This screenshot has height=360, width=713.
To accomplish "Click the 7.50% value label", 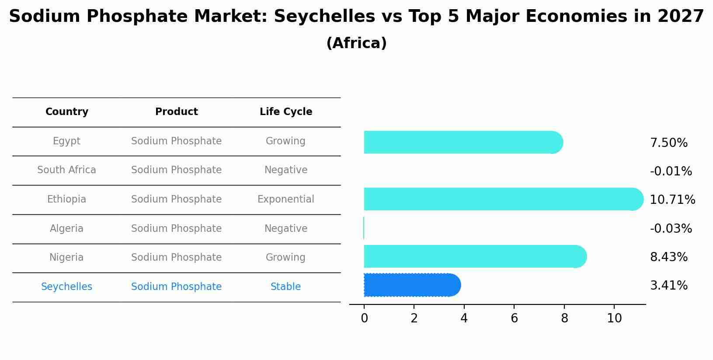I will [668, 143].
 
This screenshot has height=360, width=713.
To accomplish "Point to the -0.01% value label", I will [671, 171].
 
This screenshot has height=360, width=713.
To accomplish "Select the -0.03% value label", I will [671, 228].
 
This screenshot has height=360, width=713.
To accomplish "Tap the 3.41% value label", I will [668, 286].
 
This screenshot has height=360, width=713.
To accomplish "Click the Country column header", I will [66, 112].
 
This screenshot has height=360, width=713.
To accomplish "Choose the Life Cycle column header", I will [285, 112].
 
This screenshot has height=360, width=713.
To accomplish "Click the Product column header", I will [176, 112].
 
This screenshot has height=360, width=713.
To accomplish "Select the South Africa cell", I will [66, 170].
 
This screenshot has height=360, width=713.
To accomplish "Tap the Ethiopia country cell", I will [66, 199].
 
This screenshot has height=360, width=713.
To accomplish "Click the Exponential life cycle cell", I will [285, 199].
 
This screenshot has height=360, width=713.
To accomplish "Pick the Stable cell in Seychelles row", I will [285, 287].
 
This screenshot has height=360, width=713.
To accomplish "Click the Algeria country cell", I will [66, 228].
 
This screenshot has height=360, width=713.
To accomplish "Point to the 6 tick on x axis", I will [514, 318].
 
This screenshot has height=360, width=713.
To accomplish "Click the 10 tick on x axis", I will [614, 318].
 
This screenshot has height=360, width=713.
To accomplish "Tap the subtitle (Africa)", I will [356, 43].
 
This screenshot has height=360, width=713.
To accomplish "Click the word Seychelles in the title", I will [324, 17].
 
